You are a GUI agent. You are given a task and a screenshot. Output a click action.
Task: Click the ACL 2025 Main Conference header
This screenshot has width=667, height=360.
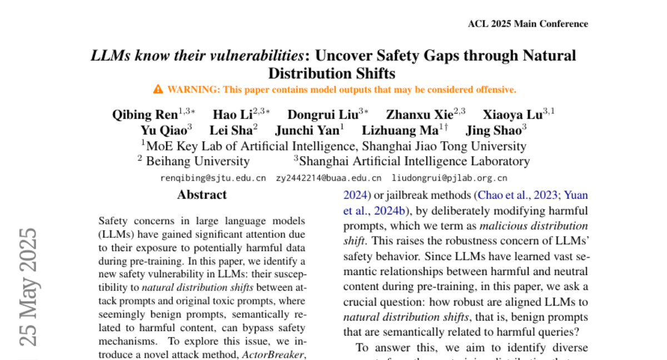click(527, 24)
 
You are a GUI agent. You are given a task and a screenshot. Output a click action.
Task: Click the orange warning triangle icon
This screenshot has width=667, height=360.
click(158, 89)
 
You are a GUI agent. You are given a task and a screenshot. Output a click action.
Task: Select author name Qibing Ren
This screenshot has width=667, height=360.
click(145, 115)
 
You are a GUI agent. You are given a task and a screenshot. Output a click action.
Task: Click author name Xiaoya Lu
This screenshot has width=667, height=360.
click(512, 115)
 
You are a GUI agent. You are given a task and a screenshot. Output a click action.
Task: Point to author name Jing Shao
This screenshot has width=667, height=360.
click(492, 131)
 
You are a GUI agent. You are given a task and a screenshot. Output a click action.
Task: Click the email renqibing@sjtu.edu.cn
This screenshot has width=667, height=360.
click(213, 178)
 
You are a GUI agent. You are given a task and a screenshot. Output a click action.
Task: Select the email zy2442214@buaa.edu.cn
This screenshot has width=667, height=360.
click(328, 178)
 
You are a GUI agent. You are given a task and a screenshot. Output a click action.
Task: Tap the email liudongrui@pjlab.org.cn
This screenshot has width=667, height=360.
click(450, 178)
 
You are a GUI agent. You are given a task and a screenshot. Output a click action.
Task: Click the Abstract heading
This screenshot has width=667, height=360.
click(202, 195)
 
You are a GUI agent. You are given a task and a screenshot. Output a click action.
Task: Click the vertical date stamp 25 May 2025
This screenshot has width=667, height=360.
click(28, 286)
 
